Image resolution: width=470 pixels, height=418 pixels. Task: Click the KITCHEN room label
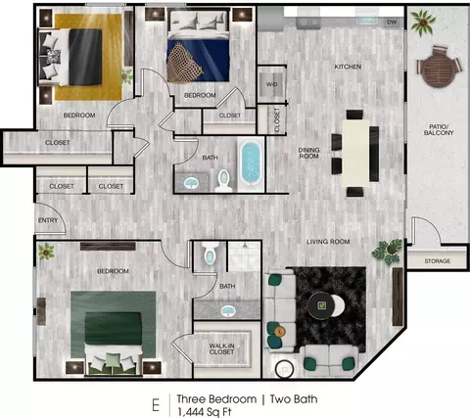348,67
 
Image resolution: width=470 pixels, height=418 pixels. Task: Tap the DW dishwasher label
392,23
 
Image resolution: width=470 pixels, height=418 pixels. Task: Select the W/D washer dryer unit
271,84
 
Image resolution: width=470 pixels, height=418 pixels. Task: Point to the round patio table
437,70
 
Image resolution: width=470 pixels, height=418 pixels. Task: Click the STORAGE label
438,261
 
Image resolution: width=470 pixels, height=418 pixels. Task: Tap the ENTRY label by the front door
48,220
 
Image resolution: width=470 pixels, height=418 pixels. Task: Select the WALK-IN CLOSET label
221,348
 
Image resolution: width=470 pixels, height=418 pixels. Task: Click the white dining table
355,153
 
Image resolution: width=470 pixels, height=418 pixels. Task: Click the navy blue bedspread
198,61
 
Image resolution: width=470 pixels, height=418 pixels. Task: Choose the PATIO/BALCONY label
439,129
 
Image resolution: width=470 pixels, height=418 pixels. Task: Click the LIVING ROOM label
328,242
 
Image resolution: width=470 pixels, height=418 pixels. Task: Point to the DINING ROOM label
308,153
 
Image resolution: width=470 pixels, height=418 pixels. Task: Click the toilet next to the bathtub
223,181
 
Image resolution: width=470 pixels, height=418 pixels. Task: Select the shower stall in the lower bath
244,256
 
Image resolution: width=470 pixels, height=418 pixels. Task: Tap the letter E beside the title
156,405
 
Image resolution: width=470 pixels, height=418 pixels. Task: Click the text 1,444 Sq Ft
205,412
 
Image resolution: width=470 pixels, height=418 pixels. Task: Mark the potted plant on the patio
423,23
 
